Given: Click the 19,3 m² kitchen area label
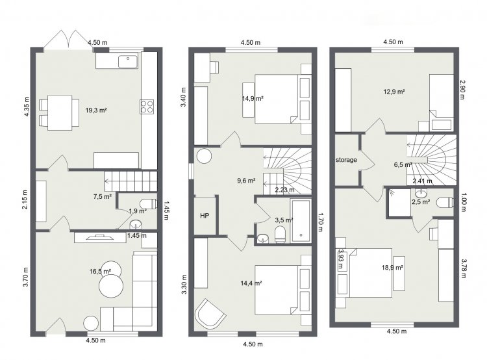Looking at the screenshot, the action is [96, 110].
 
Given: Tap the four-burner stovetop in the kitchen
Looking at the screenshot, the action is [147, 107].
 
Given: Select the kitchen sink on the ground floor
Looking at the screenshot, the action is [128, 62].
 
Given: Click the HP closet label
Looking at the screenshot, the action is [205, 216].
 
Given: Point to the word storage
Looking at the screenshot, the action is [346, 160].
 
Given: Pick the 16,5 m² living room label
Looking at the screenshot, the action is [101, 272].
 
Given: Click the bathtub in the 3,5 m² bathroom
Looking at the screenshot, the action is [301, 221].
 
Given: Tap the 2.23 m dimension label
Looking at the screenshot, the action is [285, 190].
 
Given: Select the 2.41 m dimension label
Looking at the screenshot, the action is [423, 181].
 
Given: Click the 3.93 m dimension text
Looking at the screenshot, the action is [342, 259].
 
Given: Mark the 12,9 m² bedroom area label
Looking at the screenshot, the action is [394, 92].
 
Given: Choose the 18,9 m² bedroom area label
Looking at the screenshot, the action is [393, 267].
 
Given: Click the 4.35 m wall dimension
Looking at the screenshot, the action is [27, 107].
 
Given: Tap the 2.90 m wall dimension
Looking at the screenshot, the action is [462, 90].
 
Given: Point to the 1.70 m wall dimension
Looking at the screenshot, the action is [321, 222].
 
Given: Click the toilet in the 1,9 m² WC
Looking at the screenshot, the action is [148, 203].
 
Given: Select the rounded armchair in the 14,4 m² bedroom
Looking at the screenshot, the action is [209, 314].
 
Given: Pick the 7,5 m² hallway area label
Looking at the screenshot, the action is [103, 196].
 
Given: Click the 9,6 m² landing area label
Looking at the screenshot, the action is [246, 180].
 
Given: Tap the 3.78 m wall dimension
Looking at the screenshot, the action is [464, 268].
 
